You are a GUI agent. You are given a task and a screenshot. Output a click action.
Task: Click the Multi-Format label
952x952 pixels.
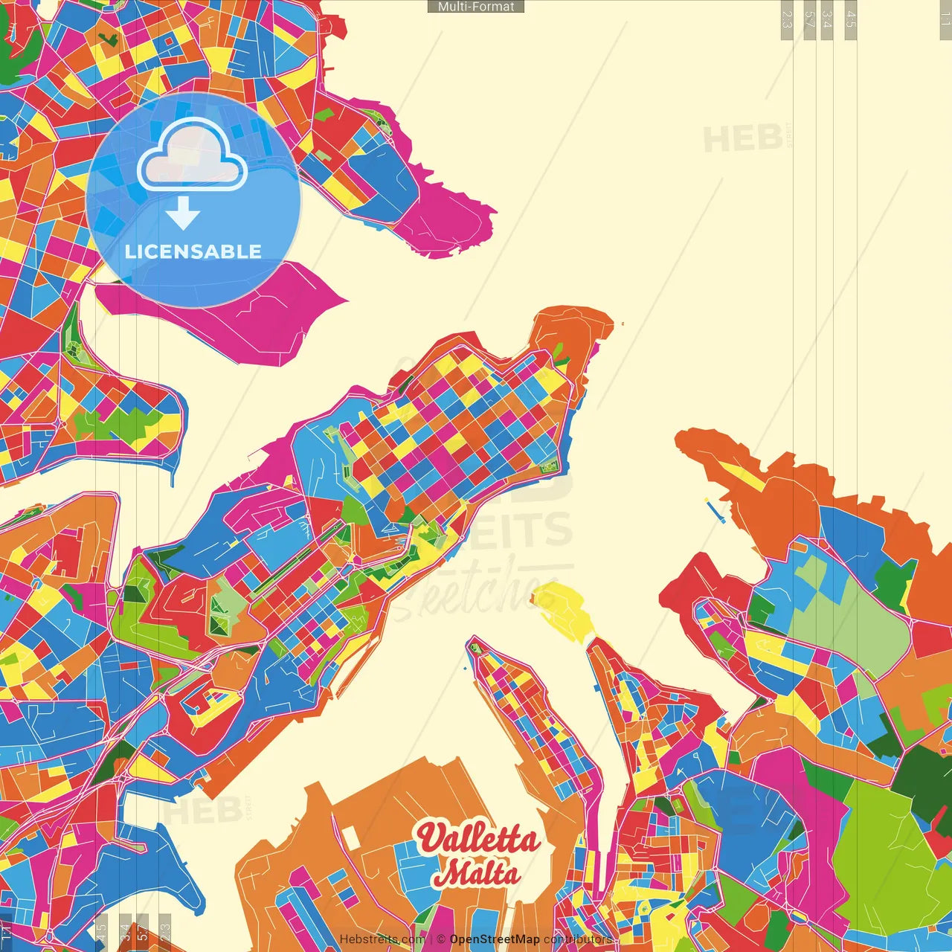(476, 7)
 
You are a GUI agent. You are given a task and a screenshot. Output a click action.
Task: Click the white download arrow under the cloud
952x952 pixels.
(183, 213)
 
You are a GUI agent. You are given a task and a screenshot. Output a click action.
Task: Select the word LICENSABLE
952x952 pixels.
(193, 251)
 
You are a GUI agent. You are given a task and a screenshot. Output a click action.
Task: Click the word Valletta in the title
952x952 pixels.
(477, 839)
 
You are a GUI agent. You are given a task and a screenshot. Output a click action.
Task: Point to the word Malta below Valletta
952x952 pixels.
(477, 873)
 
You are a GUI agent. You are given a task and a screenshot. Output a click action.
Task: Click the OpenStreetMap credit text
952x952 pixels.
(494, 939)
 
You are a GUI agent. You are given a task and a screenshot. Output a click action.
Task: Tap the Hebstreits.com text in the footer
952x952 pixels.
(382, 939)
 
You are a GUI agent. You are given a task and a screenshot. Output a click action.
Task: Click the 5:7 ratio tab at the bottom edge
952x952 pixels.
(142, 930)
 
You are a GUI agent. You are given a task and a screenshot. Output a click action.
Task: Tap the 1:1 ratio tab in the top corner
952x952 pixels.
(945, 19)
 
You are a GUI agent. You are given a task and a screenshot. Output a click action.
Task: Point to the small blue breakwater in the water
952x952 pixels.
(715, 509)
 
